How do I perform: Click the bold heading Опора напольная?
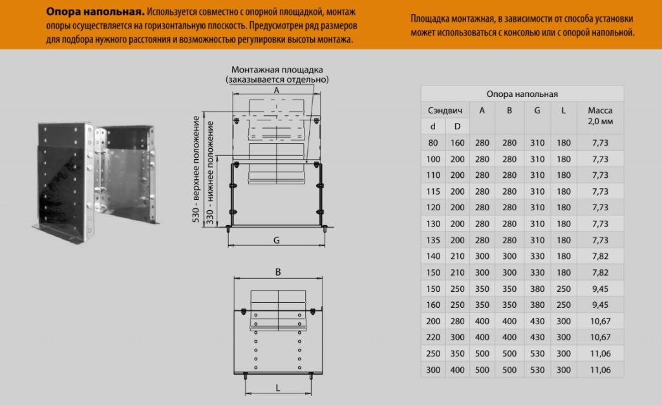point(94,12)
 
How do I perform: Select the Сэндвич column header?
point(445,110)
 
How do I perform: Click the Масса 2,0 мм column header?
point(599,115)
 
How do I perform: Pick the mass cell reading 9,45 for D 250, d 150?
point(599,289)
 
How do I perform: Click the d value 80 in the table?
point(432,143)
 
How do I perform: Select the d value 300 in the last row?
point(432,369)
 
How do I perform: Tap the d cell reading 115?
point(432,192)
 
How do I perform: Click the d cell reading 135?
point(432,240)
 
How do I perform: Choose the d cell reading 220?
point(432,337)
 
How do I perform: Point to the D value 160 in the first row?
point(457,143)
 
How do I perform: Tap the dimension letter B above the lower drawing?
point(277,273)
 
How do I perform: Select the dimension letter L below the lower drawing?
point(277,388)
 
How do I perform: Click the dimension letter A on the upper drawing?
point(276,91)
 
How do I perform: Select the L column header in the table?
point(563,110)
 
